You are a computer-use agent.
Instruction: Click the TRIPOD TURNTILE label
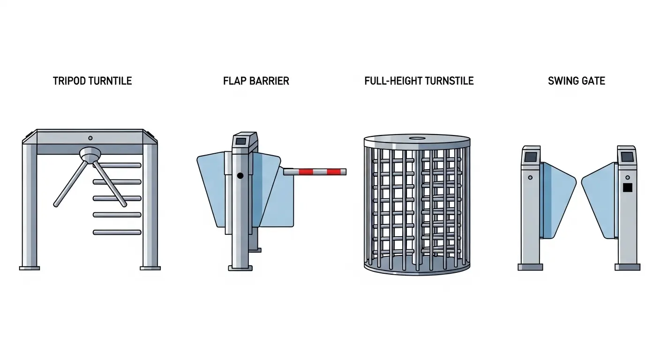92,81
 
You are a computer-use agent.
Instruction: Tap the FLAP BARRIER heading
256,81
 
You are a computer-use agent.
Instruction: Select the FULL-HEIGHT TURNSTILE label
419,81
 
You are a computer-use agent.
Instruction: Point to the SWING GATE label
576,81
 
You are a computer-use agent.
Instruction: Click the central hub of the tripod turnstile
90,154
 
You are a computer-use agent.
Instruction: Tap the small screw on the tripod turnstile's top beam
90,138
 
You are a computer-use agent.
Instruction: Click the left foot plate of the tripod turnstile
29,268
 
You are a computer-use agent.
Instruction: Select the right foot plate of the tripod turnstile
150,268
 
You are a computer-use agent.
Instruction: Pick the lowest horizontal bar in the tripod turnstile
117,232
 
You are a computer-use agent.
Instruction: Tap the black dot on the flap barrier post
240,176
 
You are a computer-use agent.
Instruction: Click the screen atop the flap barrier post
241,141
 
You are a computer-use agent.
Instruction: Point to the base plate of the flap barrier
240,268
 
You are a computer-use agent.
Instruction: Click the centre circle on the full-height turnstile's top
417,138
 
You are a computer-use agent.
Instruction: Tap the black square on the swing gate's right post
628,187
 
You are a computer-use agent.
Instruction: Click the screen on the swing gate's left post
531,157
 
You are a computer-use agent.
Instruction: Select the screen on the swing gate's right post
627,156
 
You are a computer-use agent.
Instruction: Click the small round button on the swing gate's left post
530,178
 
